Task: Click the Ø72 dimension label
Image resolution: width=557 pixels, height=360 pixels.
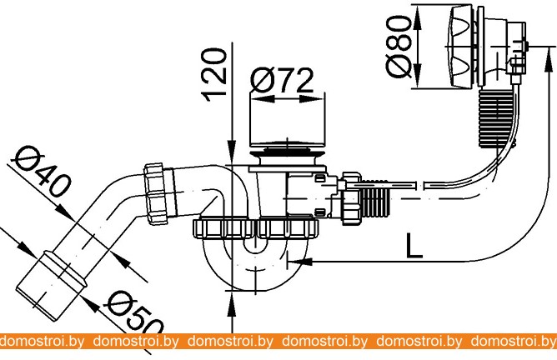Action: click(282, 81)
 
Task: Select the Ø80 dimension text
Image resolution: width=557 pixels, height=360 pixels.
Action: click(399, 46)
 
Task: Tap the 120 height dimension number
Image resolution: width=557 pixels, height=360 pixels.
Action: click(213, 75)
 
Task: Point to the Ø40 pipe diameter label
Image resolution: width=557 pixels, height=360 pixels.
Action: click(41, 172)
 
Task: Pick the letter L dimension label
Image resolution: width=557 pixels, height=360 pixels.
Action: click(414, 245)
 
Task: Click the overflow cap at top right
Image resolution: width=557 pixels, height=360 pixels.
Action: click(462, 46)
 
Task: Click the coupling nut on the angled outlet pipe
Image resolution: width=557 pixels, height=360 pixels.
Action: click(156, 193)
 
